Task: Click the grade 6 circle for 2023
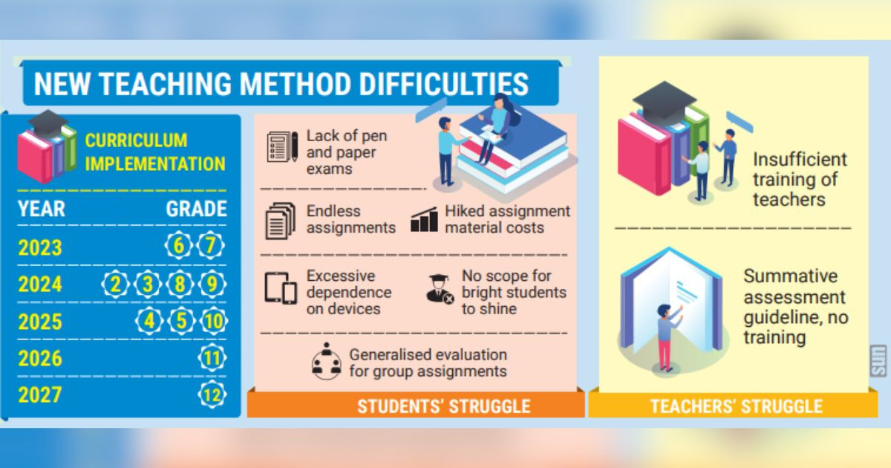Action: click(x=179, y=245)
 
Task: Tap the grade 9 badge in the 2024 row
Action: click(x=212, y=284)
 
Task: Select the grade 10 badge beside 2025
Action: click(x=214, y=321)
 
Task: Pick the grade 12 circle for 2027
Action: click(x=212, y=394)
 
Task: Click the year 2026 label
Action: click(x=40, y=359)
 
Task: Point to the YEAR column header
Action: click(x=42, y=209)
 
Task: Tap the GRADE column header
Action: click(x=197, y=209)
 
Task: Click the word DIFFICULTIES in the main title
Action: click(x=444, y=84)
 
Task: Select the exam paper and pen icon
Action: click(x=282, y=147)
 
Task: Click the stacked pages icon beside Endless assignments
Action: click(x=281, y=221)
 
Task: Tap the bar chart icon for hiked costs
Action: click(x=425, y=219)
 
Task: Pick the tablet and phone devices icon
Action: click(x=281, y=288)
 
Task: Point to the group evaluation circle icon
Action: click(x=327, y=361)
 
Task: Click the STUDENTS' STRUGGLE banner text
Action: click(x=444, y=406)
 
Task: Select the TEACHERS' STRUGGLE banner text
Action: click(x=737, y=406)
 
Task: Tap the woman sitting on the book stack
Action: click(x=495, y=127)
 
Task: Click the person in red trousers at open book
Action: click(x=669, y=337)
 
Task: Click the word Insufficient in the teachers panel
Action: click(x=800, y=160)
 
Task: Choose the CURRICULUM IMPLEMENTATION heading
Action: click(x=155, y=152)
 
